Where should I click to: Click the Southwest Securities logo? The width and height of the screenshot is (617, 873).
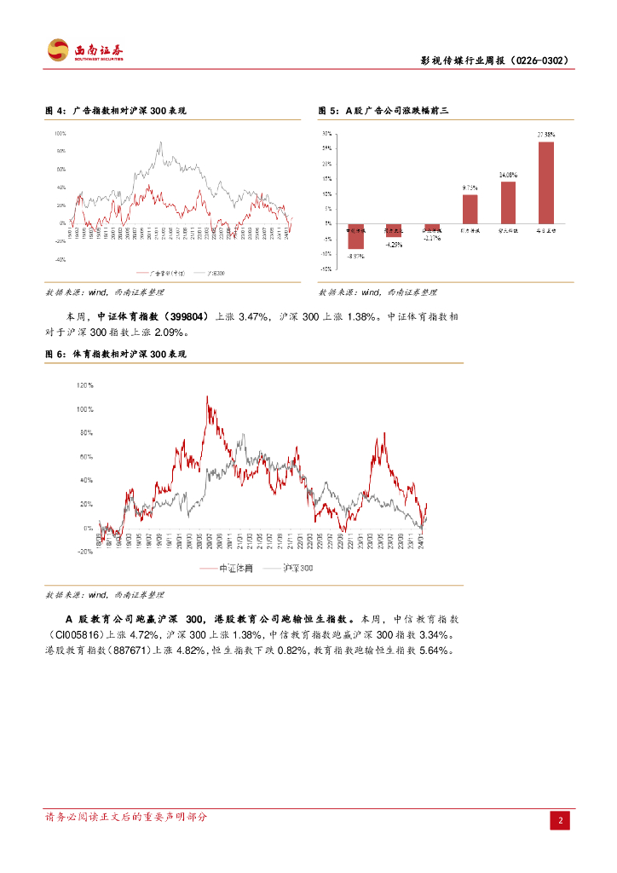pos(84,50)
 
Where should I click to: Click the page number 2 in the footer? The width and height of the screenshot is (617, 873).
pos(561,820)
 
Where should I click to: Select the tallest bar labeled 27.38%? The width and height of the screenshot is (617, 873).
pos(545,182)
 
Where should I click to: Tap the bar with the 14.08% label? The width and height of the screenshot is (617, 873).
pos(508,203)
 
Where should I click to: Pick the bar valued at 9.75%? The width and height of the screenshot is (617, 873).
pos(470,209)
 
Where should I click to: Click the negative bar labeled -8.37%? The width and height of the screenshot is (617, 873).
pos(355,236)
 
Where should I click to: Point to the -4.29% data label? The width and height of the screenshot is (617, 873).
pos(394,245)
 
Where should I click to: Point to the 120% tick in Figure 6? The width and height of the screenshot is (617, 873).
pos(85,385)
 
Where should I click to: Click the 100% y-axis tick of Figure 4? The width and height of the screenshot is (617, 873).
pos(60,134)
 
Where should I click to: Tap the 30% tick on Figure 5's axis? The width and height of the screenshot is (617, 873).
pos(326,134)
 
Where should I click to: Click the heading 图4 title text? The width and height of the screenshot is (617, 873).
pos(115,111)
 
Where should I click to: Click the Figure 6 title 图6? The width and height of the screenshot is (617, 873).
pos(115,353)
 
